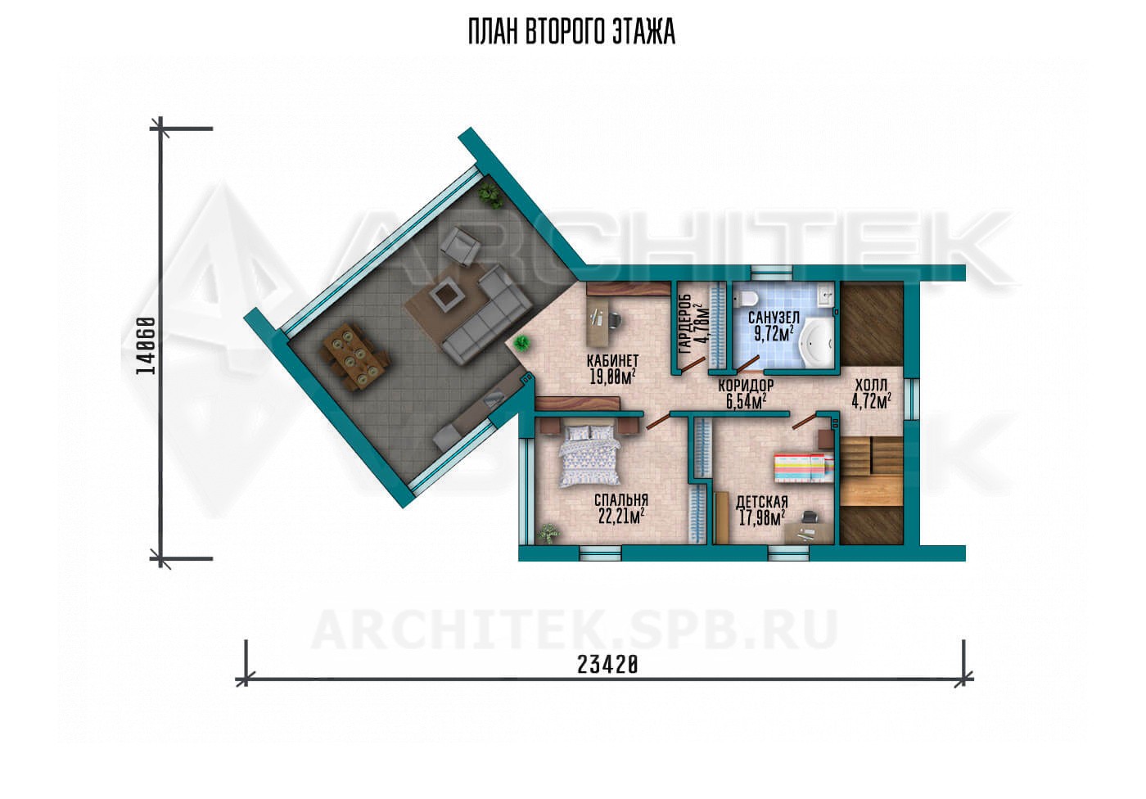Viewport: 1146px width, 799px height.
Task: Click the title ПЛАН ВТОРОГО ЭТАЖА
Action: (572, 32)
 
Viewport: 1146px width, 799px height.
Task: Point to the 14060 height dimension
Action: (146, 345)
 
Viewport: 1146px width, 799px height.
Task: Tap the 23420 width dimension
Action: (607, 665)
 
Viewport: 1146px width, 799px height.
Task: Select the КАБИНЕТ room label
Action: (612, 361)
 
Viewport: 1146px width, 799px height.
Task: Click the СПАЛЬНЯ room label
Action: (621, 499)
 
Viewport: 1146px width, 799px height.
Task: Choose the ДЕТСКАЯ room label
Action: (762, 502)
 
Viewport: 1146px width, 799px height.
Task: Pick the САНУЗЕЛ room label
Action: (774, 317)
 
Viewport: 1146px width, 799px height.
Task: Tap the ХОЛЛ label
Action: (871, 385)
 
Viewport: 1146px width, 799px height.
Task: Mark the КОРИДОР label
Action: (746, 386)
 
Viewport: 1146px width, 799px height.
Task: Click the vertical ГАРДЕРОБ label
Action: (684, 324)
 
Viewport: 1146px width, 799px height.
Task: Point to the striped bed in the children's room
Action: (805, 468)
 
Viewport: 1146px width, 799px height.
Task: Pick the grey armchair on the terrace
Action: (460, 246)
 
